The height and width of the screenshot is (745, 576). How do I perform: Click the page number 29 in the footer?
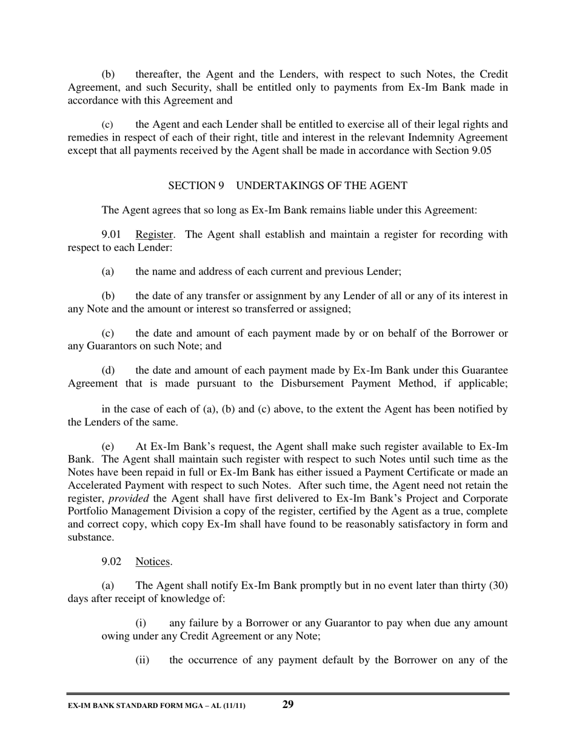coord(288,704)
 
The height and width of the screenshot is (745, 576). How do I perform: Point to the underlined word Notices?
coord(153,561)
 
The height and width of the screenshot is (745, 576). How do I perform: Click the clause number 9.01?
coord(111,234)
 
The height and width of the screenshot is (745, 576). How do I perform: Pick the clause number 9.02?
coord(111,561)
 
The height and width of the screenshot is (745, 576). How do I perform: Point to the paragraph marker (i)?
coord(140,623)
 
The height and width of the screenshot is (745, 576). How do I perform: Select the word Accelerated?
coord(96,485)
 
